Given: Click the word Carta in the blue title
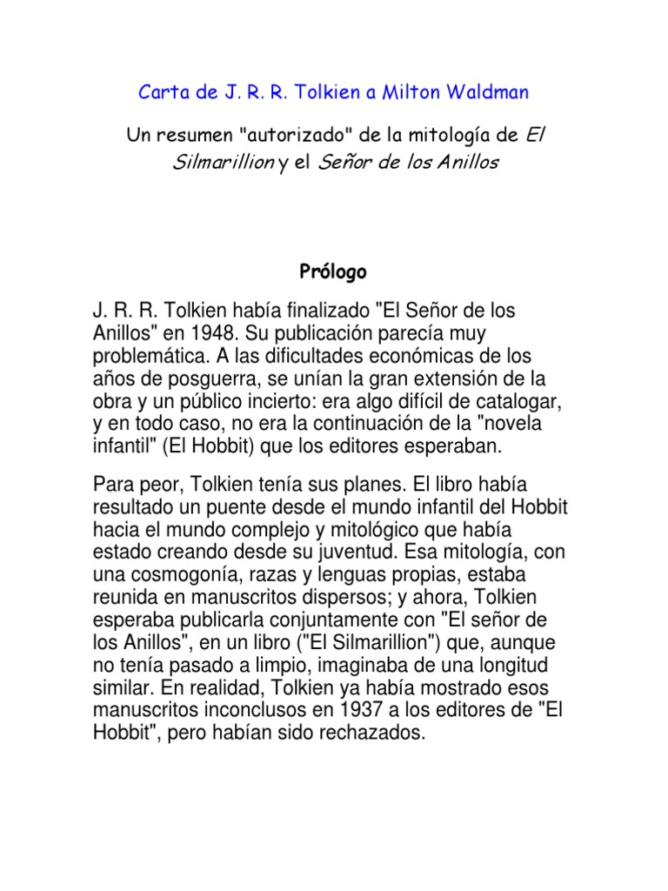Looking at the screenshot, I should [162, 91].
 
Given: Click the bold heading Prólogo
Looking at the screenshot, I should [333, 272].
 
